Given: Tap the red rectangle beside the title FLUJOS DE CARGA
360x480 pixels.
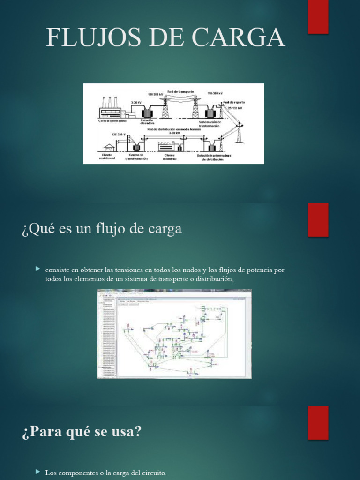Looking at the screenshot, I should tap(318, 17).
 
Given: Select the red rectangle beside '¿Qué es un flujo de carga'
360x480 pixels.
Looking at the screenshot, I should tap(318, 220).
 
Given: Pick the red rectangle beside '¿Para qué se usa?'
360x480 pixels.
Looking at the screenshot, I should tap(318, 422).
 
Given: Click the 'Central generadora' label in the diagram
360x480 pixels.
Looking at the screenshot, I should tap(112, 120).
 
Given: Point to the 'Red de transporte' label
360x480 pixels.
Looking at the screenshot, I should tap(180, 91).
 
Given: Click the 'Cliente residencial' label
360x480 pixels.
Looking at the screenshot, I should tap(107, 157).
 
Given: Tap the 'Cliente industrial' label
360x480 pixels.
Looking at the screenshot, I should tap(170, 157).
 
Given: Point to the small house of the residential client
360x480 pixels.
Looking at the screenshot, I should tap(109, 147).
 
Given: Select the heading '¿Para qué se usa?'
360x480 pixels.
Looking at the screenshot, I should tap(82, 432).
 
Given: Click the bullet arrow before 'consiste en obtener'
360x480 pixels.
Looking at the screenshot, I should tap(38, 269).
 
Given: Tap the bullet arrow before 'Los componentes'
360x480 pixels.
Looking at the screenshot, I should tap(38, 472).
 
